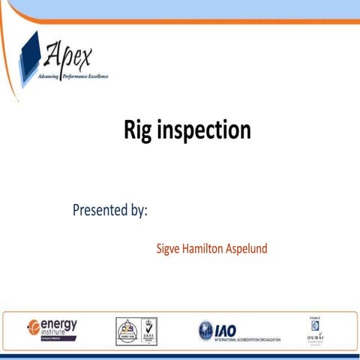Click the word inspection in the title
[204, 130]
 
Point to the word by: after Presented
[136, 211]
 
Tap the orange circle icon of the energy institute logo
[33, 326]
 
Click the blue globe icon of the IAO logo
[205, 330]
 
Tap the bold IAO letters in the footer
[226, 328]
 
